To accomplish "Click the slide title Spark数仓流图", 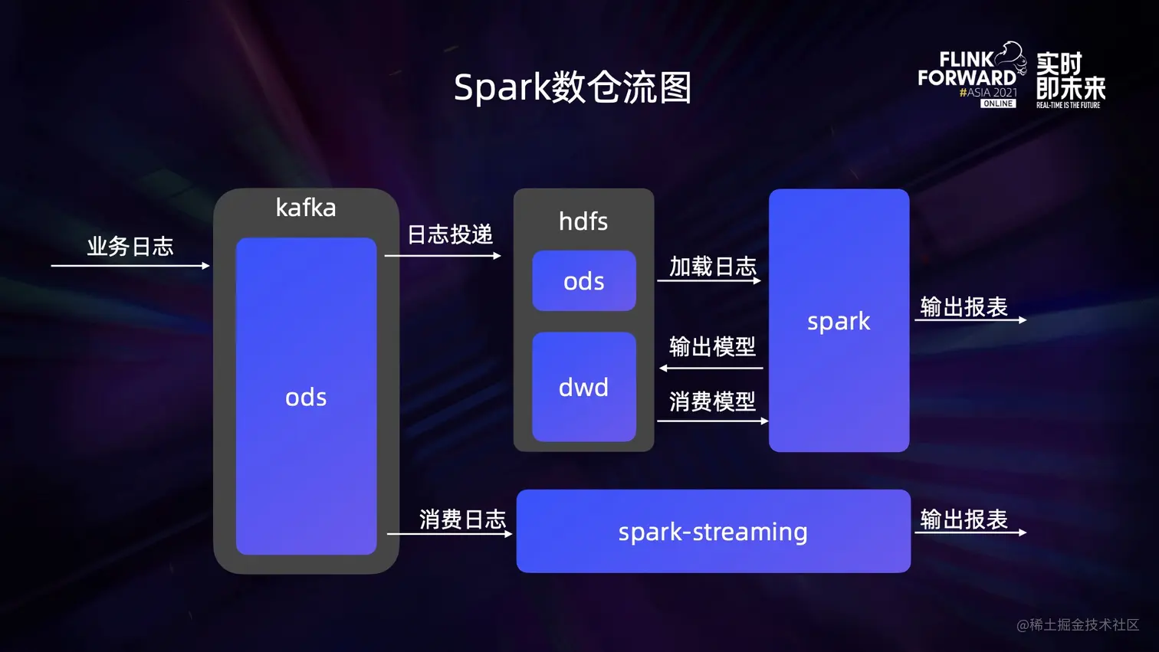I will click(x=573, y=87).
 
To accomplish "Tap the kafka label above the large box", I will click(x=306, y=208).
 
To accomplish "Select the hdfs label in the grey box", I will click(x=583, y=221).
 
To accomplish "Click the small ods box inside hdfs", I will click(x=584, y=281).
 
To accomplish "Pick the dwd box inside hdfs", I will click(x=584, y=387).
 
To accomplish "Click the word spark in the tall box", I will click(x=839, y=321).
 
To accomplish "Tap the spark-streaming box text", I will click(x=713, y=532).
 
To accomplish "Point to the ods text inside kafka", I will click(x=306, y=397).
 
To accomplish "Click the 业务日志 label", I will click(x=130, y=247).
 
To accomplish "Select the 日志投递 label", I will click(x=450, y=234).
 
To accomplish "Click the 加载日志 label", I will click(x=713, y=267).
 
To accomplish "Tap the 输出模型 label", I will click(x=713, y=347).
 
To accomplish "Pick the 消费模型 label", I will click(x=713, y=401).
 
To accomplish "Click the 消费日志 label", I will click(x=462, y=519).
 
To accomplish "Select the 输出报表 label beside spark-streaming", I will click(x=964, y=519).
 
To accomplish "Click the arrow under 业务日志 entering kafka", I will click(x=130, y=266).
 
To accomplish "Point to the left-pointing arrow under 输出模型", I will click(x=711, y=369).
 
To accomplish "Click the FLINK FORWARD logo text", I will click(x=967, y=69).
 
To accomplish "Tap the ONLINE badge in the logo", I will click(x=998, y=103).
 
